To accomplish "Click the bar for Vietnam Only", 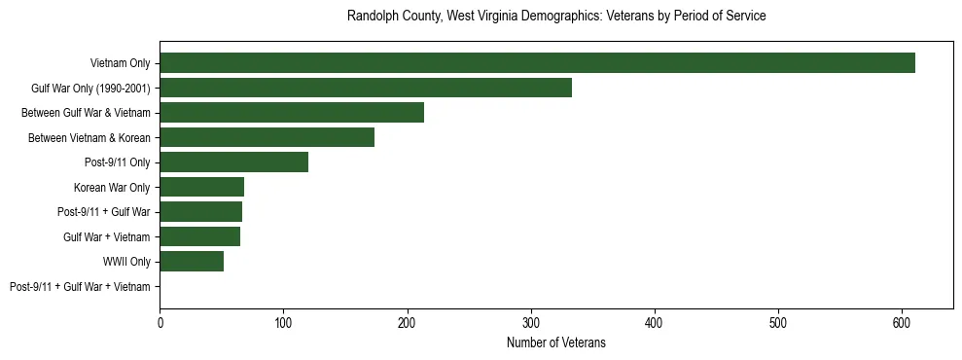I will click(537, 63).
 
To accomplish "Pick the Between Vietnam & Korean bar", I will click(267, 137).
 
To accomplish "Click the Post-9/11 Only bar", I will click(233, 162).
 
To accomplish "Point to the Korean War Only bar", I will click(201, 187).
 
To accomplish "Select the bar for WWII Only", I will click(192, 262).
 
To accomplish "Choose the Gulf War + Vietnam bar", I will click(199, 236).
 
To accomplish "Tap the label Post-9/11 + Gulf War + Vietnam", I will click(80, 287).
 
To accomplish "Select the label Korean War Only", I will click(112, 187).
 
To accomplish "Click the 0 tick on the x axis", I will click(160, 321).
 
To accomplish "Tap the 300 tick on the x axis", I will click(530, 321).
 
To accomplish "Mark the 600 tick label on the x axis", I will click(902, 321).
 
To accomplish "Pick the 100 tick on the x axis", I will click(283, 321).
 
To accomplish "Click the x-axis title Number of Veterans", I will click(556, 342).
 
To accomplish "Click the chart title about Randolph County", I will click(556, 17).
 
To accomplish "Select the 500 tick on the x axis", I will click(778, 321).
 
